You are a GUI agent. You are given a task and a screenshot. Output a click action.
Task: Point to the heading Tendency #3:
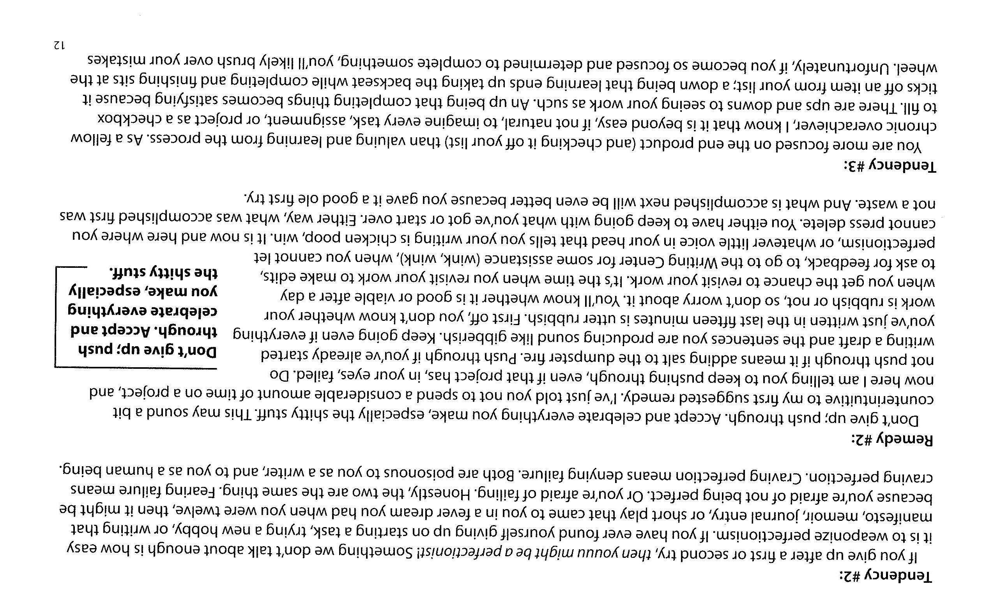click(x=889, y=166)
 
